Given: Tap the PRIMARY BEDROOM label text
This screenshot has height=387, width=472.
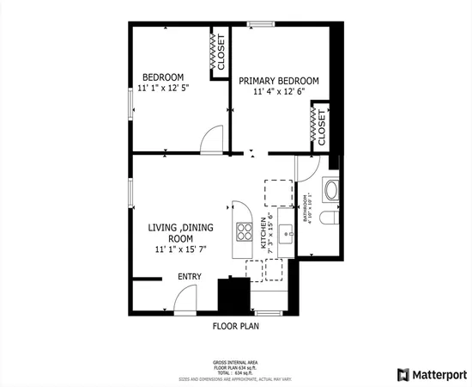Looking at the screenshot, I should point(279,81).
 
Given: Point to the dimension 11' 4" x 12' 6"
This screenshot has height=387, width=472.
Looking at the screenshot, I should point(279,93).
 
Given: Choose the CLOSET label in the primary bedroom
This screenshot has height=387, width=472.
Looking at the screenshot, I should point(321,126).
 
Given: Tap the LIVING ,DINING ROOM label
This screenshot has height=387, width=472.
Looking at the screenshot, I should point(180,233).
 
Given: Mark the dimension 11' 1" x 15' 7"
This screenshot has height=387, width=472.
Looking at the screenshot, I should point(180,250).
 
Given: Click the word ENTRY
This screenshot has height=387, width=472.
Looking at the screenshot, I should point(190,277).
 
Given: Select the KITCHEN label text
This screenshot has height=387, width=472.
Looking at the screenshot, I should point(264,233).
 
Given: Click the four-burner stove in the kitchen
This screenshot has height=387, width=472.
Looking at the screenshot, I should point(245,230).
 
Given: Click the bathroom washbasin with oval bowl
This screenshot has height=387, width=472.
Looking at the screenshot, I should point(330,189).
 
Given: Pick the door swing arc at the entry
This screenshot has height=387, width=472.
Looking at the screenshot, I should point(185,299).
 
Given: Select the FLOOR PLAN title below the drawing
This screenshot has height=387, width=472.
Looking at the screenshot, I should point(235,327).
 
